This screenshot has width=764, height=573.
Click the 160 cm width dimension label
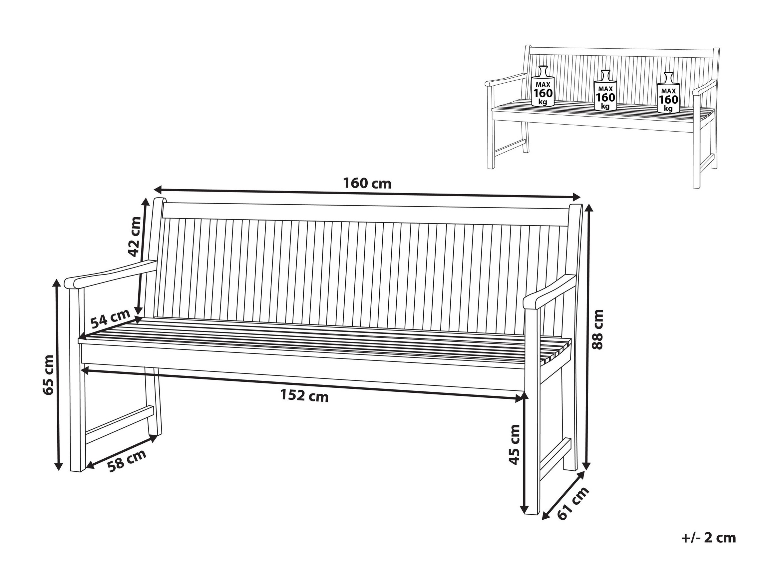(367, 184)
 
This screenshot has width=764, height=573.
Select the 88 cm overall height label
(597, 329)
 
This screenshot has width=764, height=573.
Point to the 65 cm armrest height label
(48, 374)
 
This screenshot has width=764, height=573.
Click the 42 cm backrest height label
(134, 237)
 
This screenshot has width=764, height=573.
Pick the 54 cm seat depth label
(111, 318)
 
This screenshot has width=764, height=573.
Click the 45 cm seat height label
(514, 444)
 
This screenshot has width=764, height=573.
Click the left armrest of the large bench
(111, 275)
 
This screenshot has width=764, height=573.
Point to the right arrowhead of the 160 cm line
(576, 197)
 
